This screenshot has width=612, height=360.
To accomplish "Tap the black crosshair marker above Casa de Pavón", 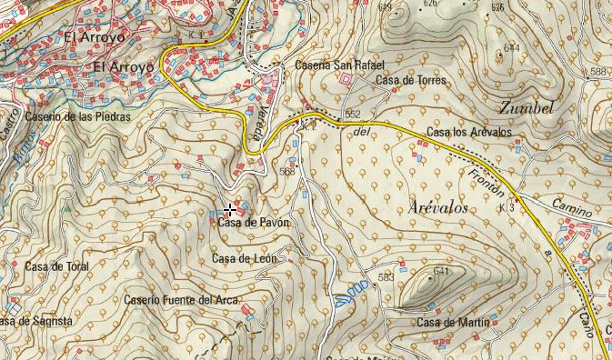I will tap(230, 210).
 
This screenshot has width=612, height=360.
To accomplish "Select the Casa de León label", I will tap(244, 259).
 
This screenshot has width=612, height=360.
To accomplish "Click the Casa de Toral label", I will tap(56, 266).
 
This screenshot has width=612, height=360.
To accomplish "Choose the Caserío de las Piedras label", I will tap(78, 116).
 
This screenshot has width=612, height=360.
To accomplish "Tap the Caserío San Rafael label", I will tap(340, 65).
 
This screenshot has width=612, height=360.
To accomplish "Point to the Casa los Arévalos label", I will tap(469, 133).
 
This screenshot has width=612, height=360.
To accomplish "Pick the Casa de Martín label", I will tap(453, 323).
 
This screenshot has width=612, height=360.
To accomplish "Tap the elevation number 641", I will tap(442, 271).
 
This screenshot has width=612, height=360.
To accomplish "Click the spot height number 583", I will tap(386, 277).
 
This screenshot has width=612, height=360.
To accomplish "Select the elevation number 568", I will tap(287, 171).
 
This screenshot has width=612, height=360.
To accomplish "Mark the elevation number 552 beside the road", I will tap(353, 115).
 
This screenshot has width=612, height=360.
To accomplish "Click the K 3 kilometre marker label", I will tap(507, 208).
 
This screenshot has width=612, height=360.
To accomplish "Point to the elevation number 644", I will tap(511, 47).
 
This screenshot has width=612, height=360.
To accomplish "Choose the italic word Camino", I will tap(572, 210).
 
